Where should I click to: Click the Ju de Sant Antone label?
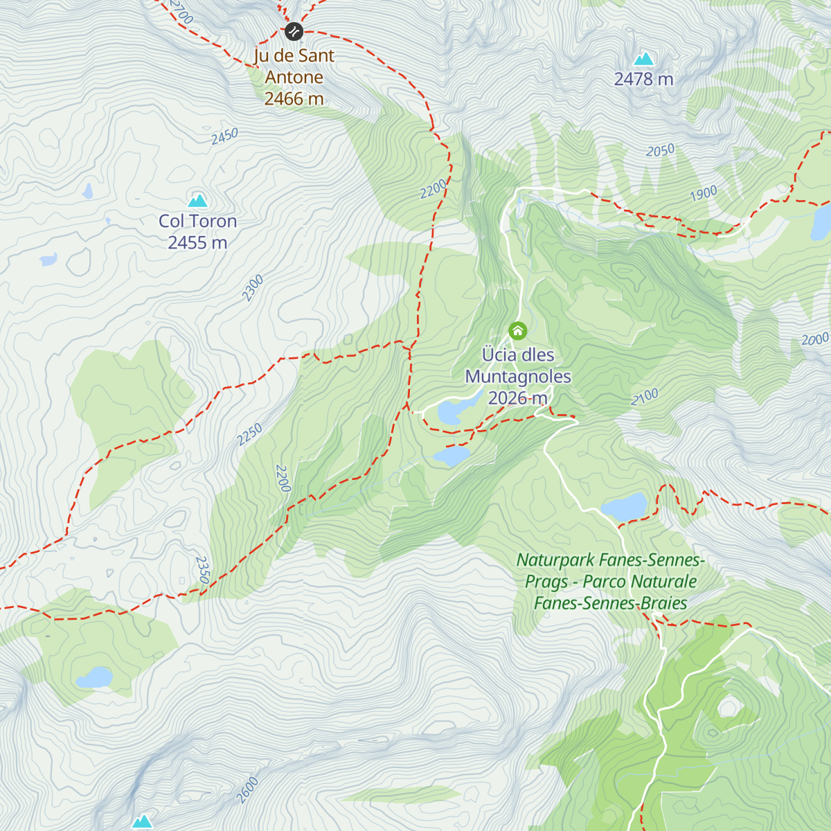coord(294,77)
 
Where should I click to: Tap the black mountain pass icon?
coord(294,31)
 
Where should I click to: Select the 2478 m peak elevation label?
coord(643,80)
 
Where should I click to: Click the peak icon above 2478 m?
coord(644,59)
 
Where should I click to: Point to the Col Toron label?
coord(197,231)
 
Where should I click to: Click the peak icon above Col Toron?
coord(198,201)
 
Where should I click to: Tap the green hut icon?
coord(517,331)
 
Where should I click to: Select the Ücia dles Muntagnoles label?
coord(518,376)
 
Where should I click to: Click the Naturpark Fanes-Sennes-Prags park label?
coord(609,581)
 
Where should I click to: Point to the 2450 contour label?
coord(224,136)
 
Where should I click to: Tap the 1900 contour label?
coord(703,194)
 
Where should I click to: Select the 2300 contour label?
coord(253,288)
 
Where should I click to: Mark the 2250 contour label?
coord(249,434)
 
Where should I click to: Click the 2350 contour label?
coord(202,570)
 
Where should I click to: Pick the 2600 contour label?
coord(247,790)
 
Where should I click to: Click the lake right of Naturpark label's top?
coord(625,507)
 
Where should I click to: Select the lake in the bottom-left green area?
coord(94,677)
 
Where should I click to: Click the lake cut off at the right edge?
coord(822,222)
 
